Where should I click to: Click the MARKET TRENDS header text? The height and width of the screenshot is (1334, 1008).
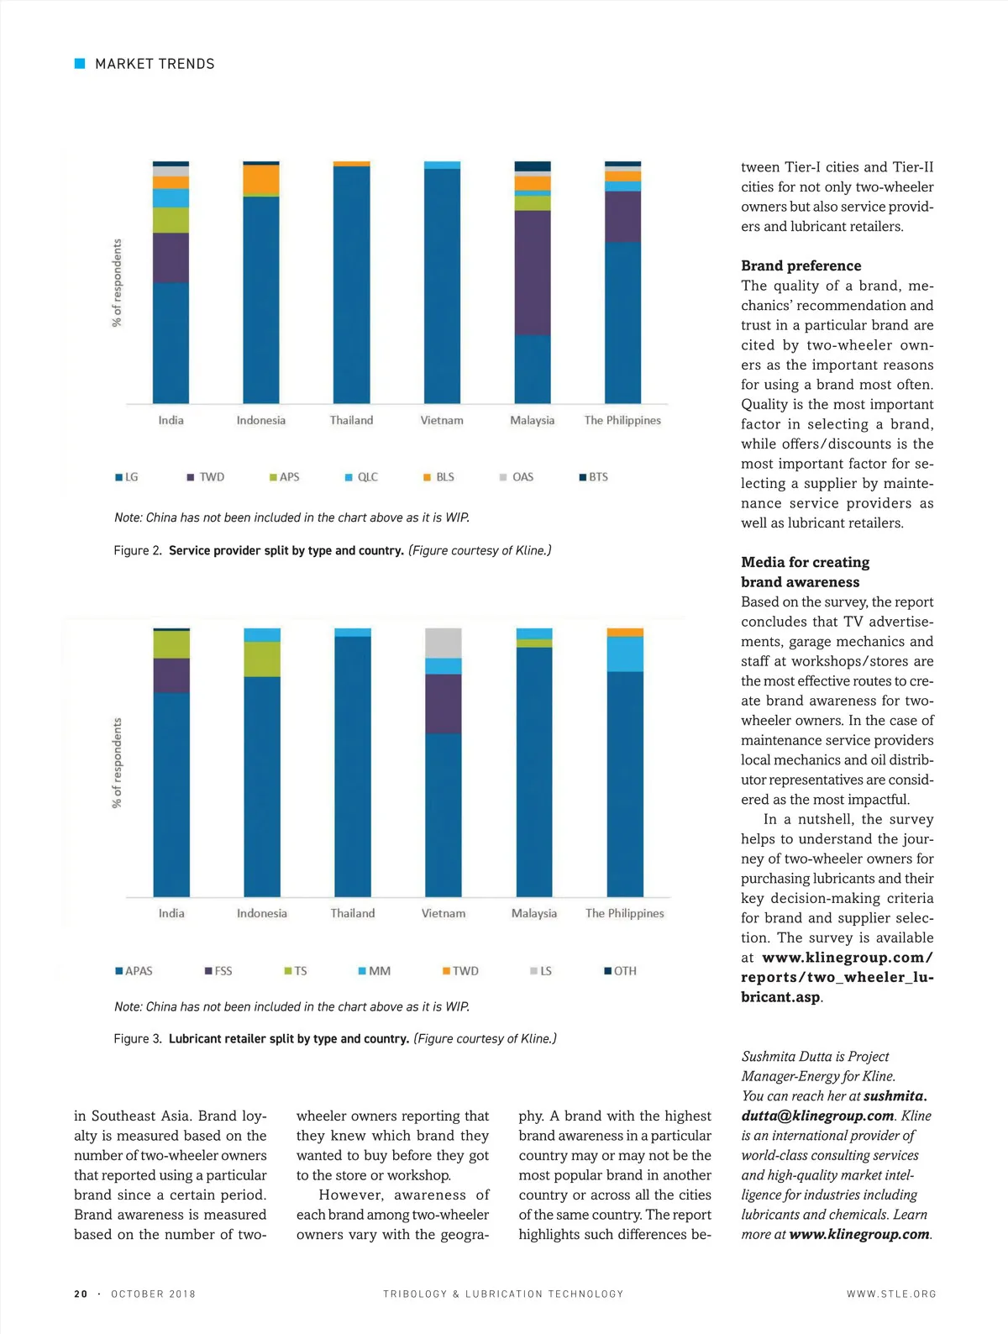coord(155,64)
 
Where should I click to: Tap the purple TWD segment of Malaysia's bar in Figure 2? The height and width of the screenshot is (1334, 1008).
coord(533,273)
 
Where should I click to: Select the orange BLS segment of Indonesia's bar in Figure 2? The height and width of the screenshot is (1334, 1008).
coord(261,179)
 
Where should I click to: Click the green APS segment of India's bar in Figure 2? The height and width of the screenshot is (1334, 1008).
coord(171,220)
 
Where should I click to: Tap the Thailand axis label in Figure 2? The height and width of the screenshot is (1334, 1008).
coord(351,420)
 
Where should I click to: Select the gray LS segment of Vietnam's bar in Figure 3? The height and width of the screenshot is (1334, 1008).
coord(444,643)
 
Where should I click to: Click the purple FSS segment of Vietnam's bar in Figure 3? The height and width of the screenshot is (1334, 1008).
coord(444,704)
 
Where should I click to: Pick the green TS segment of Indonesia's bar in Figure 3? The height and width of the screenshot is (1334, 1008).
coord(262,659)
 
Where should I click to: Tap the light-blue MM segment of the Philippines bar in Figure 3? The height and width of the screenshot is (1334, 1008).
coord(625,654)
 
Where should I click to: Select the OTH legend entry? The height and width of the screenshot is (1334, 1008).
coord(621,971)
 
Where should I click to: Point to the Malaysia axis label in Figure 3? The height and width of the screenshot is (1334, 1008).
coord(534,913)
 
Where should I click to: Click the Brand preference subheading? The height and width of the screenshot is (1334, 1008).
coord(801,265)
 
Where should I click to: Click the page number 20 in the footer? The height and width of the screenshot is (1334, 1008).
coord(81,1295)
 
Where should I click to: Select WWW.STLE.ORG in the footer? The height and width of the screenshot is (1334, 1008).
coord(891,1295)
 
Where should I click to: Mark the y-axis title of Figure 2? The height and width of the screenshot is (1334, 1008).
coord(117,283)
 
